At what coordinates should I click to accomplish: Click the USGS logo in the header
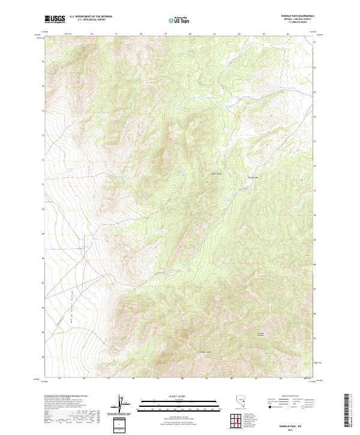click(55, 20)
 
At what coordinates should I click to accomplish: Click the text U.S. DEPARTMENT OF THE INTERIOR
click(91, 17)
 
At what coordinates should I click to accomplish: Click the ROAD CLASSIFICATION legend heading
click(292, 397)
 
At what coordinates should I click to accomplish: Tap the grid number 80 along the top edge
click(190, 35)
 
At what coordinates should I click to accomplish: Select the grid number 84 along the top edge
click(289, 35)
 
